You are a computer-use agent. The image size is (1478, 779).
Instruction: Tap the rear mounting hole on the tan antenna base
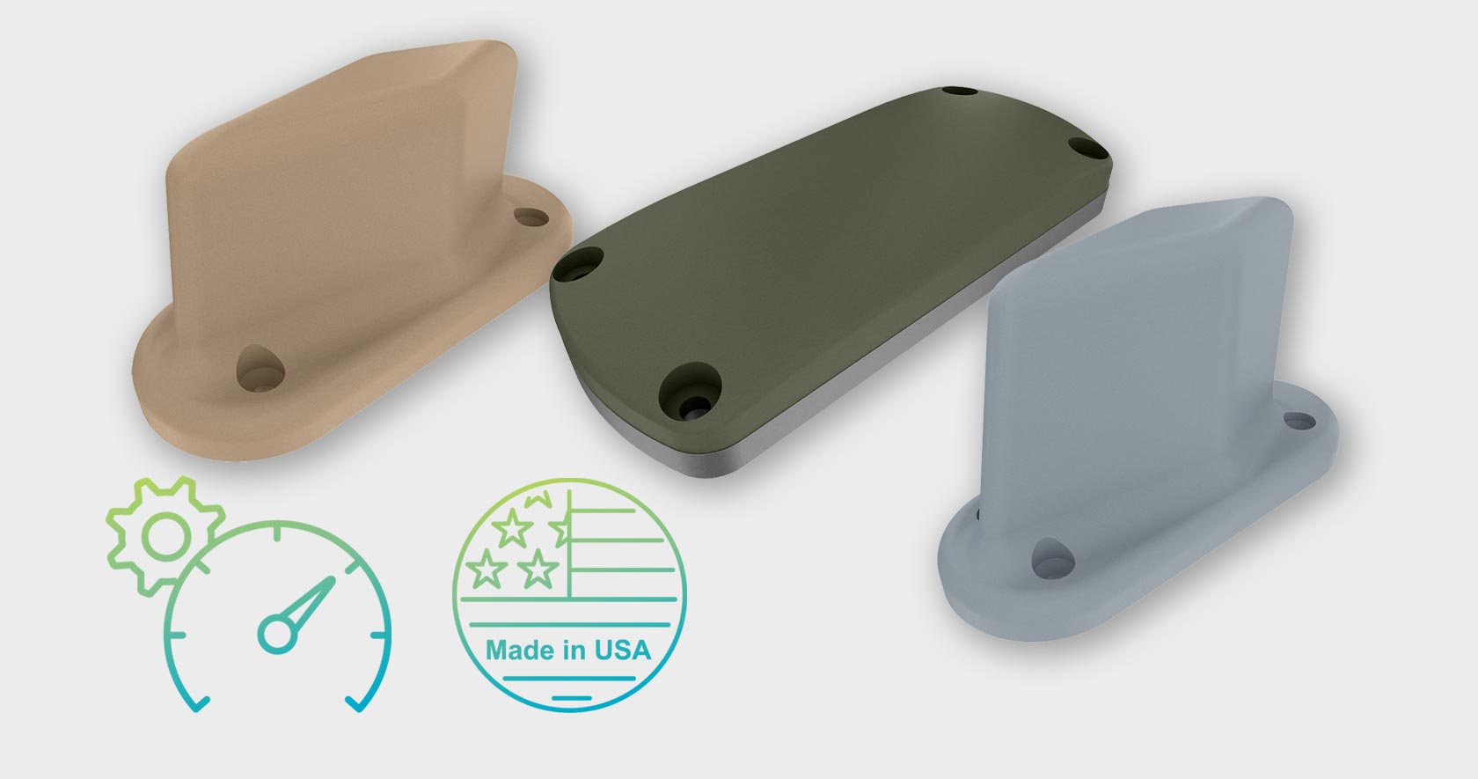click(531, 217)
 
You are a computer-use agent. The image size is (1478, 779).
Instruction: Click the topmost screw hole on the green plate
click(959, 92)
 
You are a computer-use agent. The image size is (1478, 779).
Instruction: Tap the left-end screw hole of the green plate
click(578, 265)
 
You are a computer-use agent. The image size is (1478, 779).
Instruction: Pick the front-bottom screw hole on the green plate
click(690, 392)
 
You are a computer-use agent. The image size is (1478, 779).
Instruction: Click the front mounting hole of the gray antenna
click(1052, 558)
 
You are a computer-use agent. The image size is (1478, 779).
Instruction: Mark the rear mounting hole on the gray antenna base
click(1300, 421)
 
